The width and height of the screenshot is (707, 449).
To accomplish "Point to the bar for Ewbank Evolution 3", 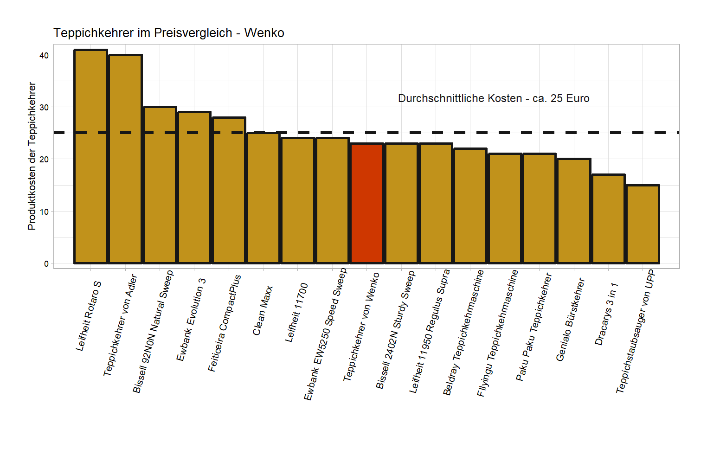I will pos(194,187).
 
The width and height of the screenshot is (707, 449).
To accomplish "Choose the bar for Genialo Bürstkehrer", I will pos(574,211).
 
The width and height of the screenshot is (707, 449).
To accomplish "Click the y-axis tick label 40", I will pos(44,55).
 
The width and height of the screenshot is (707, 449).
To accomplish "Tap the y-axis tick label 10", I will pos(44,212).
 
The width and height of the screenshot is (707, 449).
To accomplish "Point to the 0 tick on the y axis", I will pos(46,263).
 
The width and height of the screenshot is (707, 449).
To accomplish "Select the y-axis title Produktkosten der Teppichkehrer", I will pos(32,156).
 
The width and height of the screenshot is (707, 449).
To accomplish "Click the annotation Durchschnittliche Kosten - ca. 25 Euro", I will pos(494,98).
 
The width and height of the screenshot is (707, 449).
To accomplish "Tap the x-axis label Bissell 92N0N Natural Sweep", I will pos(153,332).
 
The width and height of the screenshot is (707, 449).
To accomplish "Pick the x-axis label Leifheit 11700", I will pos(296,313).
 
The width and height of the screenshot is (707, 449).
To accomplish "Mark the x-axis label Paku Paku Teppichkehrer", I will pos(534,327).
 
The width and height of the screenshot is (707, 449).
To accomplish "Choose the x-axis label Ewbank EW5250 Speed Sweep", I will pos(325,334).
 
